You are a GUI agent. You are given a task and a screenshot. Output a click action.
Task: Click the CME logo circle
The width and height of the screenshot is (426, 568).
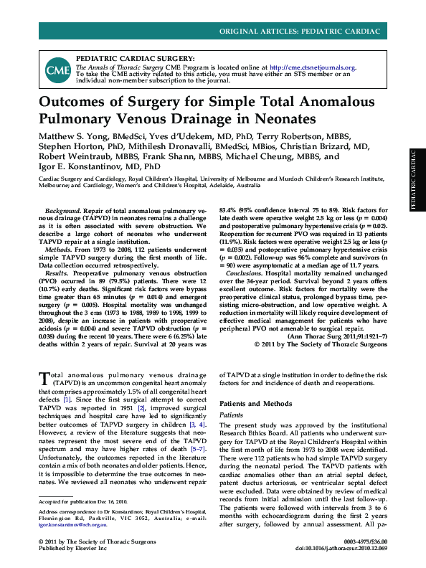(x=57, y=70)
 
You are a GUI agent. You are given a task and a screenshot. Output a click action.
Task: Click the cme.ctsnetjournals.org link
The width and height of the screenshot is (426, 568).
(x=318, y=67)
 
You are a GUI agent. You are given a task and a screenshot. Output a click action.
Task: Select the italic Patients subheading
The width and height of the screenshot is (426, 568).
(x=231, y=415)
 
